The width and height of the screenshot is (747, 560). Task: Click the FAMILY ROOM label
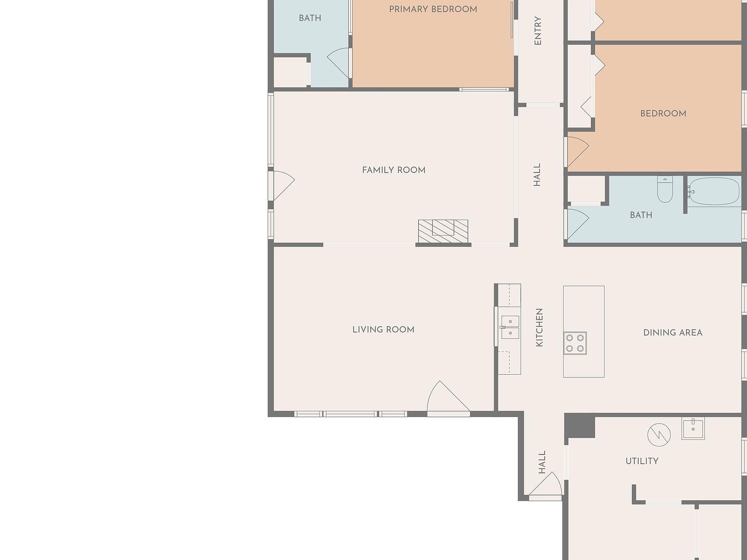coord(394,170)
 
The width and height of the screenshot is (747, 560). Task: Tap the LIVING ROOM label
coord(384,330)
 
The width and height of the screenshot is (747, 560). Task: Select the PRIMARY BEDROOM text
coord(433,9)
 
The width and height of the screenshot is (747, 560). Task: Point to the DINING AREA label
coord(673,332)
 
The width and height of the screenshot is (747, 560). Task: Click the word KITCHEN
coord(539,328)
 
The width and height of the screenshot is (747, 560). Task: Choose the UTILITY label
coord(642,461)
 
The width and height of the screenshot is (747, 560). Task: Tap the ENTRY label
coord(538,31)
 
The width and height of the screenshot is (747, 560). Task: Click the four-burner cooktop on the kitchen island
coord(575,343)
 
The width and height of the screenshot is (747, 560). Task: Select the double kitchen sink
coord(510,327)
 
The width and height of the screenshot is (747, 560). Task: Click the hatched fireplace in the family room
coord(443,231)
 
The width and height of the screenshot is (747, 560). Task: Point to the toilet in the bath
coord(665,189)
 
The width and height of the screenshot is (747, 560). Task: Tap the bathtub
coord(714,192)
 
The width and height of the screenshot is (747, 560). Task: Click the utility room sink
coord(693,429)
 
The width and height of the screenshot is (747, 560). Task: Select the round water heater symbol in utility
coord(659,435)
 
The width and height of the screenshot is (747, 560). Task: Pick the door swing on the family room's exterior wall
coord(282,185)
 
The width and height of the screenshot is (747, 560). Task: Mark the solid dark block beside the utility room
coord(580,426)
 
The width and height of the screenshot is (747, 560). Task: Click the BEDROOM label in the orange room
coord(663,114)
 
